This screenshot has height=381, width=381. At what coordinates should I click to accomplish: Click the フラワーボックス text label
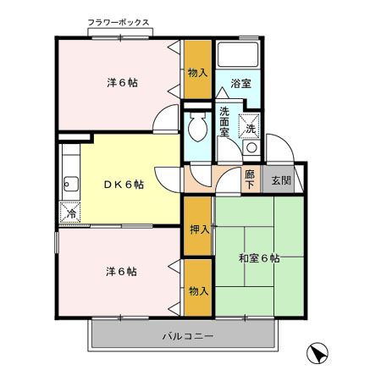point(119,23)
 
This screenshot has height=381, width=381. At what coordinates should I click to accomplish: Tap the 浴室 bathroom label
point(240,83)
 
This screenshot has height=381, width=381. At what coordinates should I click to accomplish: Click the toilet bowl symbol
point(197,128)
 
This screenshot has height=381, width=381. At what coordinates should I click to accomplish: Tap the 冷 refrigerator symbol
point(71,213)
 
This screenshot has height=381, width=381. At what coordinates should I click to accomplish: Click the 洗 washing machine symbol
point(251,129)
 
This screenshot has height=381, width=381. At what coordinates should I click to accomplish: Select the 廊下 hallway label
point(249,179)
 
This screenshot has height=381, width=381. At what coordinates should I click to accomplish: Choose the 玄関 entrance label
point(279,179)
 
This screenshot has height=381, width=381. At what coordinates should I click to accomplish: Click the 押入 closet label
point(198,229)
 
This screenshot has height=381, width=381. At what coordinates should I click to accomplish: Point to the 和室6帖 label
point(260,257)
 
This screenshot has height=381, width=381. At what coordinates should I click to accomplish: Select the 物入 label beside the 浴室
point(198,73)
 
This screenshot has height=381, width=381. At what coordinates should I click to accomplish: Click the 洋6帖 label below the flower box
point(123,82)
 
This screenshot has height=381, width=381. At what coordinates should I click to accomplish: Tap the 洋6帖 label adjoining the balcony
point(121,271)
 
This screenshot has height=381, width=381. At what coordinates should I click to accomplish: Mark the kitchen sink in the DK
point(69,185)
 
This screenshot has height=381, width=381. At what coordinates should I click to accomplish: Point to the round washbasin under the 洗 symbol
point(251,148)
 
